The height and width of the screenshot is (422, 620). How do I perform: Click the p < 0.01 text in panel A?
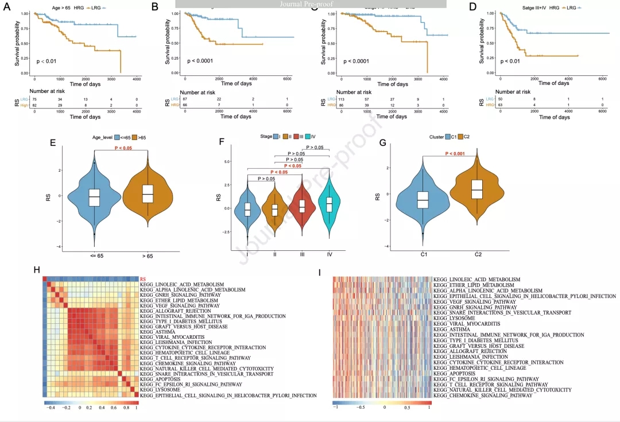[46, 61]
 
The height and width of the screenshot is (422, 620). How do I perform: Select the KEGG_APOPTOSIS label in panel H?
[164, 380]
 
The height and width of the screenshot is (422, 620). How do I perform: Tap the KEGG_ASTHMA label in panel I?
[450, 329]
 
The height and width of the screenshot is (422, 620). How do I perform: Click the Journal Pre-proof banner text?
[311, 3]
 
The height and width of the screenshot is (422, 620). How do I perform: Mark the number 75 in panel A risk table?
[34, 99]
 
